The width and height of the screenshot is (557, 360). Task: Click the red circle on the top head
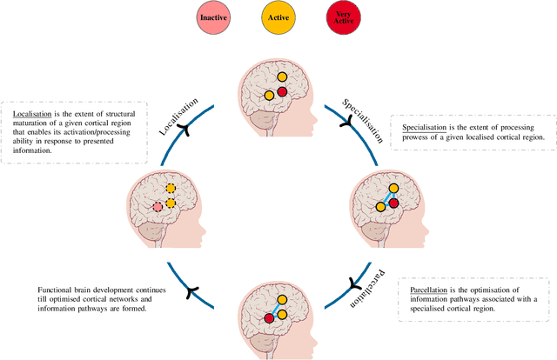click(x=282, y=92)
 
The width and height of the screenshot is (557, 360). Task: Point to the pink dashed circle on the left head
click(x=158, y=206)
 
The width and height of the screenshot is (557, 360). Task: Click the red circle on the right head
click(x=393, y=203)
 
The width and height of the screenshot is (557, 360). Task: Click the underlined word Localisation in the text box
click(x=31, y=113)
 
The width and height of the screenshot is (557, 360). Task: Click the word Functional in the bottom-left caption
click(x=57, y=290)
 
